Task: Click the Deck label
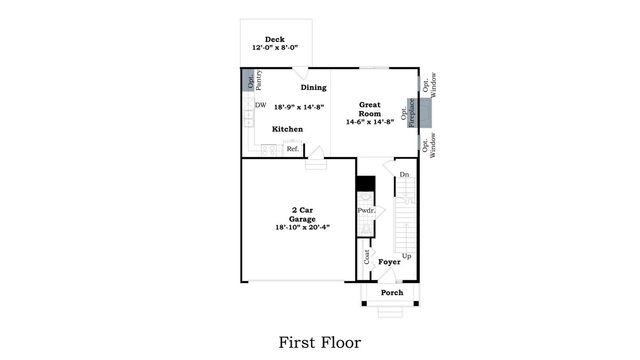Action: click(275, 40)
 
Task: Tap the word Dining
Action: click(316, 87)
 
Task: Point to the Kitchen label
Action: click(288, 129)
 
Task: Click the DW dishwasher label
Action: click(260, 105)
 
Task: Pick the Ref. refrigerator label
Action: click(293, 149)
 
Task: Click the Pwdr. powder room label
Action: click(366, 211)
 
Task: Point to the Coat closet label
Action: click(367, 257)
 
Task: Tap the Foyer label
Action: click(390, 262)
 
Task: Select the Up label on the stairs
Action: click(406, 256)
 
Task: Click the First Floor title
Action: click(319, 342)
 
